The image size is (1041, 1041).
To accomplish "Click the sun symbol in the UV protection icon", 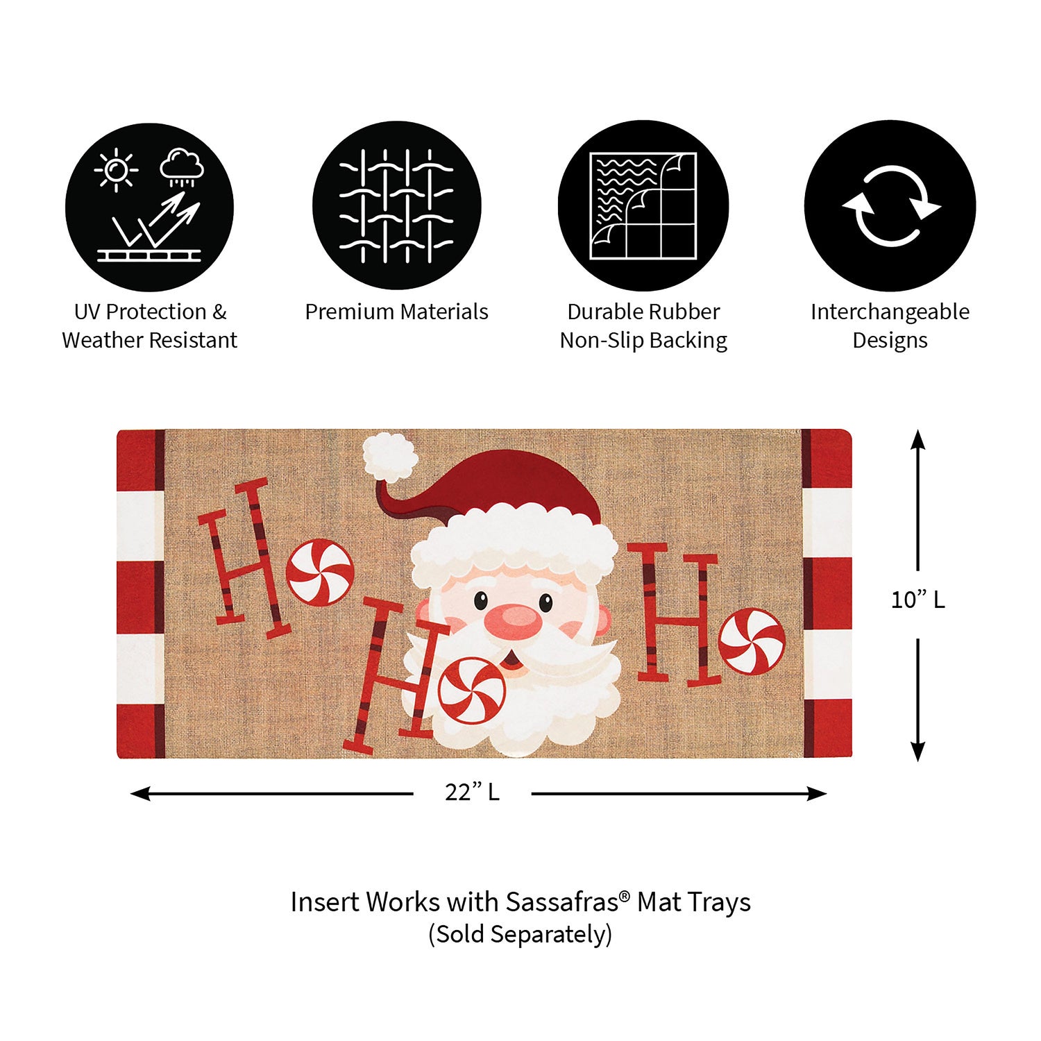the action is pos(116,169).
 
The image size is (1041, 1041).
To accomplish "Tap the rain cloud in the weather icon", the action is pos(182,167).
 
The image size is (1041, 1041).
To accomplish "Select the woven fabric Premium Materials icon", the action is pos(396,206).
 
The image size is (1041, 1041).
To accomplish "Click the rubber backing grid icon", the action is pos(643,206).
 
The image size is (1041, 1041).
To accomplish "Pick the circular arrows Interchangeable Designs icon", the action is pos(890,206).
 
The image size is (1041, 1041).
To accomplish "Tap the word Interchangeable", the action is pos(890,312).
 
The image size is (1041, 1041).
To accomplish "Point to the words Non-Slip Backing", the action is pos(643,340).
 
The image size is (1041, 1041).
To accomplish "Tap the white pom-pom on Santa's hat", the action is pos(390,457).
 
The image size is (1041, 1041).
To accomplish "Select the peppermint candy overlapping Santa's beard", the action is pos(472,691).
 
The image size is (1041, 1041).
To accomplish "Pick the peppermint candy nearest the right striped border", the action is pos(752,641).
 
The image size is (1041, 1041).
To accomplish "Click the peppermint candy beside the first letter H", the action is pos(320,571).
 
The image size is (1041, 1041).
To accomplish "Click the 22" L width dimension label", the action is pos(472,792).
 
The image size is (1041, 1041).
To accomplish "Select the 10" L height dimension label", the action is pos(917,600).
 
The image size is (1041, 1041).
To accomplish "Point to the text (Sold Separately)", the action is pos(520,934).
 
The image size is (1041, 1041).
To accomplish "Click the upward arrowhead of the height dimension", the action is pos(917,440).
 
